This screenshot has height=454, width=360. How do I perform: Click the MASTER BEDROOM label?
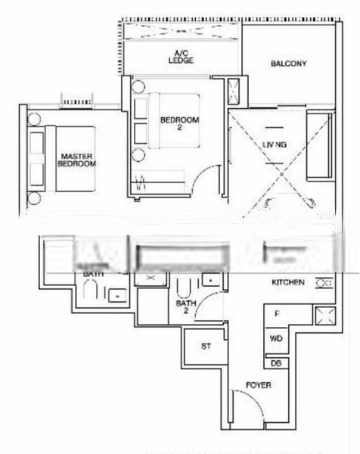(x=77, y=160)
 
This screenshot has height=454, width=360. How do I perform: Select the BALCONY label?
(x=288, y=64)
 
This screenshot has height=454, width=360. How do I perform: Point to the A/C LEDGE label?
(x=181, y=55)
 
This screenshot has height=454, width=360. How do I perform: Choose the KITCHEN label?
(x=288, y=282)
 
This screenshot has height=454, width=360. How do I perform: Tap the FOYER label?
(x=259, y=385)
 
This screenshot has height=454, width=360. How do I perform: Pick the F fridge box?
(x=277, y=314)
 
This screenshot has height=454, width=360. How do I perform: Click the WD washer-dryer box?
(x=276, y=338)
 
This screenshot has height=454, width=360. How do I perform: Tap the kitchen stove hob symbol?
(x=324, y=283)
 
